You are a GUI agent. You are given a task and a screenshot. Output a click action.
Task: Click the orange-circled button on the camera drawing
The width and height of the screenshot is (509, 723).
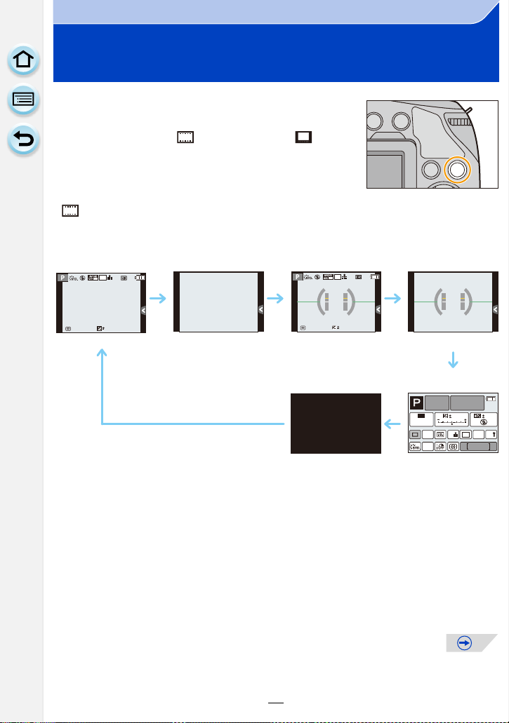458,168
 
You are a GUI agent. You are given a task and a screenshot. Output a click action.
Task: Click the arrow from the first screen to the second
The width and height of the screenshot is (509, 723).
159,299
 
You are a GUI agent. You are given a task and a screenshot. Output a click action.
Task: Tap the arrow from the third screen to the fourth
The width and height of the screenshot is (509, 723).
392,299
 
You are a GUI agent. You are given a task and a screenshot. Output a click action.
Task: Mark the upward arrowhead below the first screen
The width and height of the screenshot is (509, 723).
103,356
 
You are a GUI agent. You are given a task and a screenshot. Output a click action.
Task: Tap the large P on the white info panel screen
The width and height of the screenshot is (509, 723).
418,403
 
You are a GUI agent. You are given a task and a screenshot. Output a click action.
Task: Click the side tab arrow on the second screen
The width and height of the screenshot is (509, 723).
260,309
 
